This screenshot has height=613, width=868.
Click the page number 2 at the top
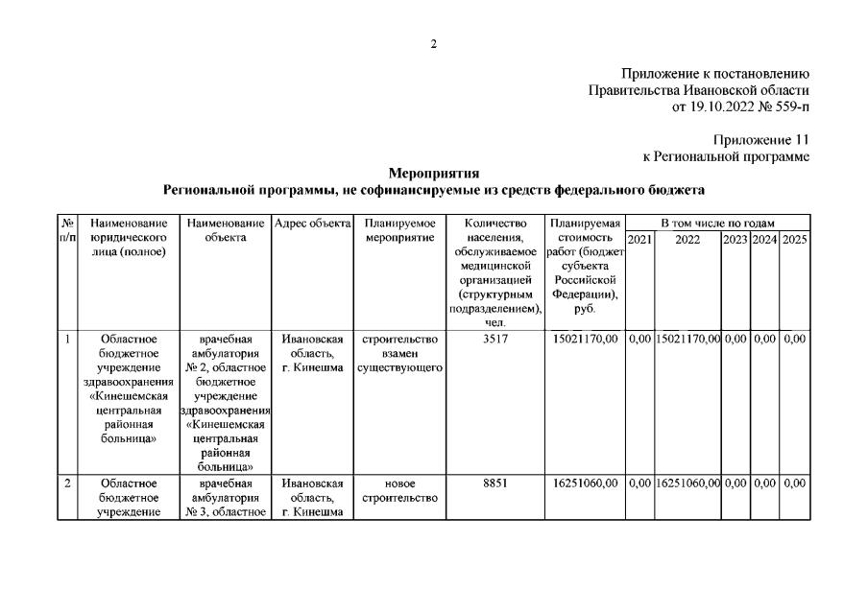pos(434,44)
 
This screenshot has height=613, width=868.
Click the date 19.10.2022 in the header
pos(722,106)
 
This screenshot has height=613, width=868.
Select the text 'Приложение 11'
pos(761,140)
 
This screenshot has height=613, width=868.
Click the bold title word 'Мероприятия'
pos(434,173)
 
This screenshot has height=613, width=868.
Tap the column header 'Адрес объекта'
pos(313,224)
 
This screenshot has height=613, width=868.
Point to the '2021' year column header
pos(639,239)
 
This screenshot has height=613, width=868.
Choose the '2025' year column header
pos(794,239)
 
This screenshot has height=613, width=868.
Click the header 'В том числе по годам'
pos(716,224)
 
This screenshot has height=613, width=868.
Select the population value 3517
pos(494,339)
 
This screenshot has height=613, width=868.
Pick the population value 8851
pos(494,483)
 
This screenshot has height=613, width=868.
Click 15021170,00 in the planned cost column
pos(586,339)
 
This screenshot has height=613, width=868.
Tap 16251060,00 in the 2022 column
pos(687,483)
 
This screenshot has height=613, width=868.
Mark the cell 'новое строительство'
pos(398,490)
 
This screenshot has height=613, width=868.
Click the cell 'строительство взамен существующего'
pos(398,353)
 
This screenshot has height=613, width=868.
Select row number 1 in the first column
pos(67,339)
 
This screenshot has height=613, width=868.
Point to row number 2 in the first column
pos(67,483)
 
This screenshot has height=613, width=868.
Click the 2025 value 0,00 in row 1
pos(794,339)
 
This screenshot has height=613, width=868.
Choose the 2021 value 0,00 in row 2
pos(639,483)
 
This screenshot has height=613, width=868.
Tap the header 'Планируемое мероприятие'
pos(398,230)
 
